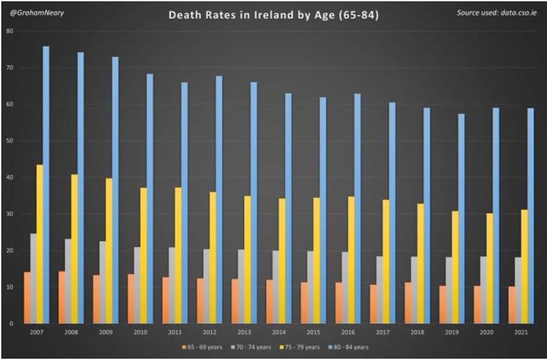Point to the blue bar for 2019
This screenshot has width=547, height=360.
tap(461, 218)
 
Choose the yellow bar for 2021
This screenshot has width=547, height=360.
tap(524, 266)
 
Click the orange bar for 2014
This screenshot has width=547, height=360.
tap(270, 302)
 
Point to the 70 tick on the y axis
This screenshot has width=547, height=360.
tap(10, 67)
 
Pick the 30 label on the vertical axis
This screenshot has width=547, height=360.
tap(10, 214)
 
